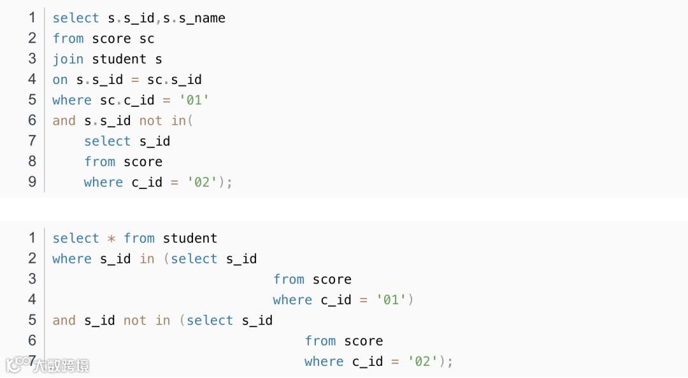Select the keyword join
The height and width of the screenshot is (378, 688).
68,59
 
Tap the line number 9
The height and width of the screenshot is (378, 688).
32,182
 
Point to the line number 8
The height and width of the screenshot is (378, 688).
32,162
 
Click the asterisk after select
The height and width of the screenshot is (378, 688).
111,239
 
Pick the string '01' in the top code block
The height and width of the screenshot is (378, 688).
194,101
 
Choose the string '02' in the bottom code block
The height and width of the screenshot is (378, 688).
424,362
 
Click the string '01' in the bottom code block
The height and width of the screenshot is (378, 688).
392,300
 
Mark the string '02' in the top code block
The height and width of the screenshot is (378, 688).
203,183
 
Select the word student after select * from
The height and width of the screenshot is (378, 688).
190,239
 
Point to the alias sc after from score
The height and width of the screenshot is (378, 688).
147,39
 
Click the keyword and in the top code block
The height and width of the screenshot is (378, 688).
64,121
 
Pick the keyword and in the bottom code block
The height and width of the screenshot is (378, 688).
64,321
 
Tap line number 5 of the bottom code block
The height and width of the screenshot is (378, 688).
32,320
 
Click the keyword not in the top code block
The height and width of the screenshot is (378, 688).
151,121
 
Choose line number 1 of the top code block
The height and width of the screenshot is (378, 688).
32,18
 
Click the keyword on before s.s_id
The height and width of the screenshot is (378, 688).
60,80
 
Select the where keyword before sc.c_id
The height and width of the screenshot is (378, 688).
72,101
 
